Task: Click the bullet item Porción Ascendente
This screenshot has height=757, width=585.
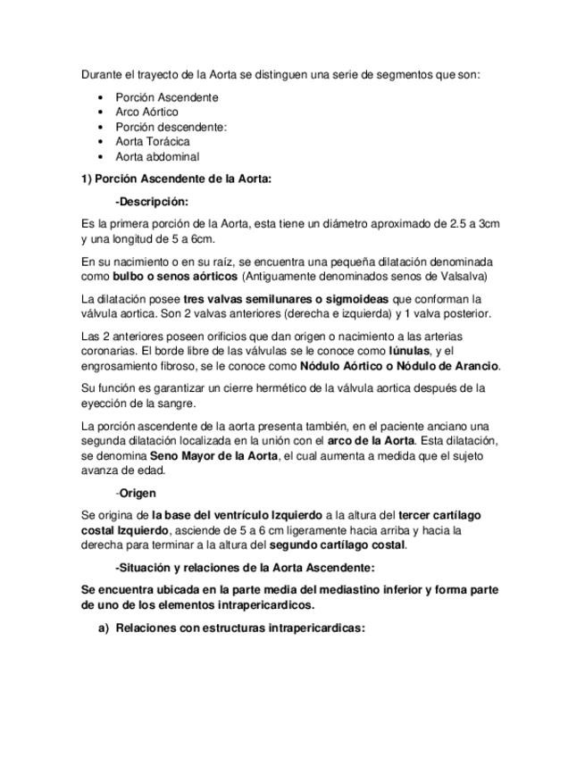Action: [167, 97]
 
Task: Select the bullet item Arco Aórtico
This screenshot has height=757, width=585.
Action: [146, 112]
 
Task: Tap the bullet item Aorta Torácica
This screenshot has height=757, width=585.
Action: [153, 141]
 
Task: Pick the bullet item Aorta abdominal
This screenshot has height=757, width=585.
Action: [157, 156]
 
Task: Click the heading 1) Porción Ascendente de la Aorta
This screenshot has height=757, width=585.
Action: [176, 179]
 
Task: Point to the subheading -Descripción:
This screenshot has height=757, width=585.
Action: [152, 202]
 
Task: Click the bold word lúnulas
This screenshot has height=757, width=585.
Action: [396, 351]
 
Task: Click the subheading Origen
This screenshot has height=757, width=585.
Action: [138, 493]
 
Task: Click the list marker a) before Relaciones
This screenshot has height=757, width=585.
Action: [104, 628]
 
